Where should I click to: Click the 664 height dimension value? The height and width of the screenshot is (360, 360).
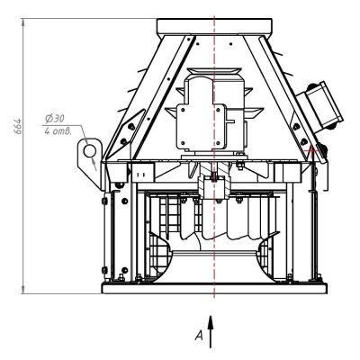(x=19, y=126)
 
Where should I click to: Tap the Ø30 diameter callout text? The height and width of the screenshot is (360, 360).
(x=55, y=119)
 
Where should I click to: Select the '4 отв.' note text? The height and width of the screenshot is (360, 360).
(x=58, y=131)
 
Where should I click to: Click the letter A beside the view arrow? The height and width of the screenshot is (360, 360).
(x=199, y=335)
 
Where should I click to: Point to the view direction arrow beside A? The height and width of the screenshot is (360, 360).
(x=211, y=331)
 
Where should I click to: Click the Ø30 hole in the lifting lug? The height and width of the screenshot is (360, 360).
(x=89, y=150)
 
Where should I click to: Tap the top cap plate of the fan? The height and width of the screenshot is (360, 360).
(x=214, y=27)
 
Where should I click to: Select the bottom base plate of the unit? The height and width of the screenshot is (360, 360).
(x=214, y=288)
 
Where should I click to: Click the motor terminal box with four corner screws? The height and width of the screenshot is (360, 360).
(x=201, y=127)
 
